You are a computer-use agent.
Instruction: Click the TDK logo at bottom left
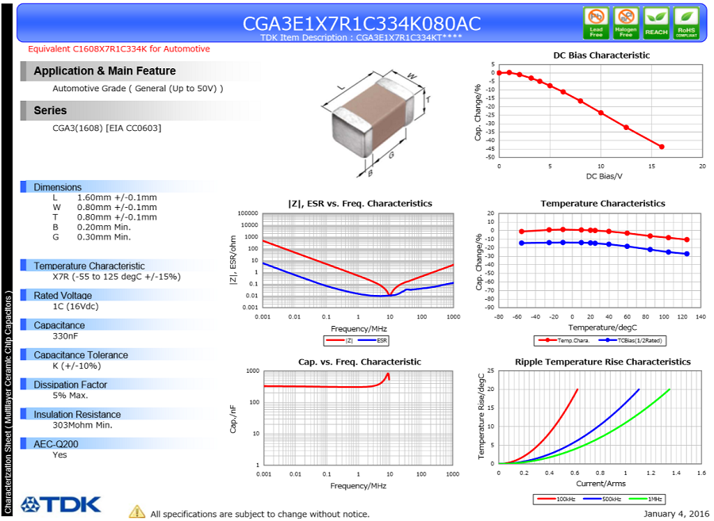(x=61, y=504)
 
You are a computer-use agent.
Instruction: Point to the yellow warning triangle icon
(x=137, y=512)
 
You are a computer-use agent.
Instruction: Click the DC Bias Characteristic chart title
(x=601, y=56)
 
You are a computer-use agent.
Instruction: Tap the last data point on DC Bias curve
(x=662, y=147)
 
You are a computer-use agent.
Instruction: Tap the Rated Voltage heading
(x=63, y=296)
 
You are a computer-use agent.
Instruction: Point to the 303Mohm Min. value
(x=83, y=425)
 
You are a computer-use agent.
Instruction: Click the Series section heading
(x=50, y=110)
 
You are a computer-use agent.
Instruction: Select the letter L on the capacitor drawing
(x=341, y=86)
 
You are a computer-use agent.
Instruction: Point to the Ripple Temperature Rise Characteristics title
(x=602, y=362)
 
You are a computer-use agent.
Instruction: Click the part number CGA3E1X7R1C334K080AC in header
(x=362, y=23)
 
